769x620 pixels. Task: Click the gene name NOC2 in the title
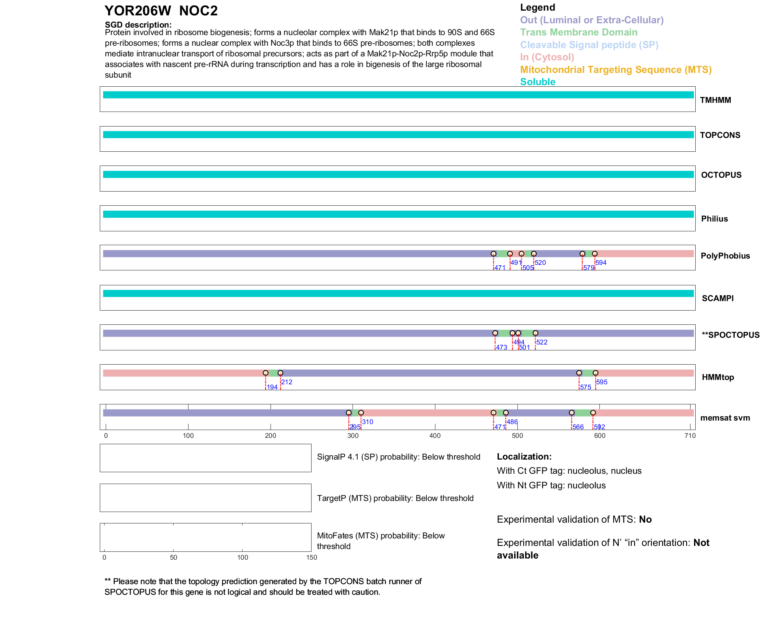click(x=198, y=11)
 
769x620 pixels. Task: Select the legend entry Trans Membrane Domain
click(x=579, y=32)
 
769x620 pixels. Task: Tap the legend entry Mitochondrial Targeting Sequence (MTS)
click(x=616, y=70)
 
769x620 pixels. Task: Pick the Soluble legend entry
click(x=538, y=82)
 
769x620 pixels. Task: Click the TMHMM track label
click(x=715, y=100)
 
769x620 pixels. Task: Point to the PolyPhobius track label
click(x=725, y=256)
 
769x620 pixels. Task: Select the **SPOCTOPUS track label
click(x=730, y=335)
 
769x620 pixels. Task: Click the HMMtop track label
click(x=718, y=377)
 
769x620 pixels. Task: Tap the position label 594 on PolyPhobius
click(x=601, y=263)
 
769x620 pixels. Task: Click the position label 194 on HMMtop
click(x=272, y=387)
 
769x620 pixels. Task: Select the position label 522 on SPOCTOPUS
click(x=542, y=342)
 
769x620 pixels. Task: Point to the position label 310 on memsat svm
click(x=368, y=422)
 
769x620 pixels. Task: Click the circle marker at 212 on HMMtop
click(x=280, y=373)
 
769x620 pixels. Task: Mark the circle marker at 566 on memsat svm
click(x=571, y=413)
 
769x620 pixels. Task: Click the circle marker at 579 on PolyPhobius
click(x=582, y=254)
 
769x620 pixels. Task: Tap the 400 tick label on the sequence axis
click(x=435, y=436)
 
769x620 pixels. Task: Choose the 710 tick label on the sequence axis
click(x=690, y=436)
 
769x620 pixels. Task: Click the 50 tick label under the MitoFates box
click(x=174, y=557)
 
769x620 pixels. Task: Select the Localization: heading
click(x=524, y=457)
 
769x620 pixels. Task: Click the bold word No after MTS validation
click(x=645, y=519)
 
